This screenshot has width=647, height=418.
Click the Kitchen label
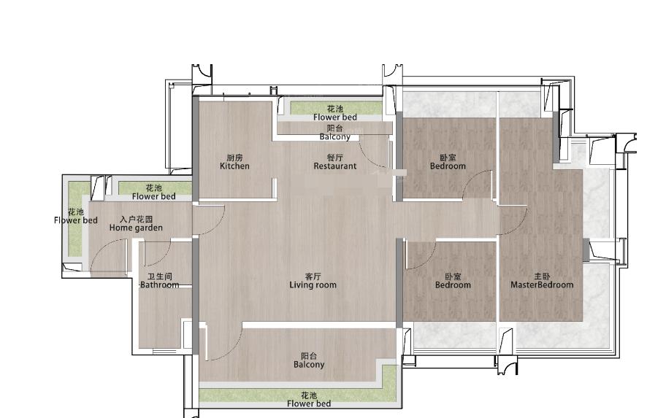pyautogui.click(x=234, y=166)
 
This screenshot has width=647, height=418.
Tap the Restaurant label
pyautogui.click(x=334, y=166)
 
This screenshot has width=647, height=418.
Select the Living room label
pyautogui.click(x=313, y=285)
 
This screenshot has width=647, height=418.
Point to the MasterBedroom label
pyautogui.click(x=542, y=285)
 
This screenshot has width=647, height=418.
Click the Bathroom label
pyautogui.click(x=160, y=285)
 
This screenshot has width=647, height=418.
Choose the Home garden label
pyautogui.click(x=136, y=228)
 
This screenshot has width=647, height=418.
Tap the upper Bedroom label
pyautogui.click(x=448, y=166)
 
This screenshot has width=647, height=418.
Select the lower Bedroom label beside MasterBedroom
pyautogui.click(x=453, y=285)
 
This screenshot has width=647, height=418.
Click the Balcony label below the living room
pyautogui.click(x=309, y=365)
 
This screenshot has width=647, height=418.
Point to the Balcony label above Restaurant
pyautogui.click(x=334, y=136)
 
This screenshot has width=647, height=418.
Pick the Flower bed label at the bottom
pyautogui.click(x=309, y=403)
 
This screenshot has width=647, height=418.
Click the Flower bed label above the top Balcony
pyautogui.click(x=334, y=117)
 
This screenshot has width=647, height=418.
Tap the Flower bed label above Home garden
pyautogui.click(x=153, y=196)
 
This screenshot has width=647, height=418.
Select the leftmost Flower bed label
pyautogui.click(x=75, y=220)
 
